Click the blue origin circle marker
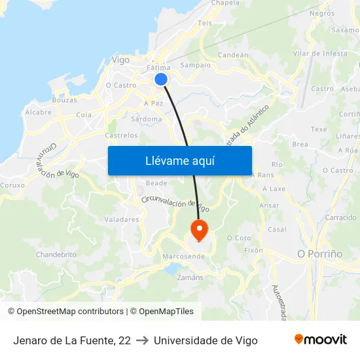point(161,79)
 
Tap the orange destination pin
point(198,229)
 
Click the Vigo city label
point(120,60)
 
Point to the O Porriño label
point(319,253)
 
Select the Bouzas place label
point(64,100)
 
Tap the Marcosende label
point(183,256)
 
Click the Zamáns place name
point(190,278)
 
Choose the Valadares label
point(122,220)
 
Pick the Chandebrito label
point(56,255)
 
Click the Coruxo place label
point(12,185)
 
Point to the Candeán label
point(232,55)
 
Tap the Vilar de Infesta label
point(320,53)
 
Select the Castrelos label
point(122,135)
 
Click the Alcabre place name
point(38,113)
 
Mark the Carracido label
point(340,217)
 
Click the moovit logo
point(320,340)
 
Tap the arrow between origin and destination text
point(142,340)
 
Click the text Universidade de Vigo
point(206,340)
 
